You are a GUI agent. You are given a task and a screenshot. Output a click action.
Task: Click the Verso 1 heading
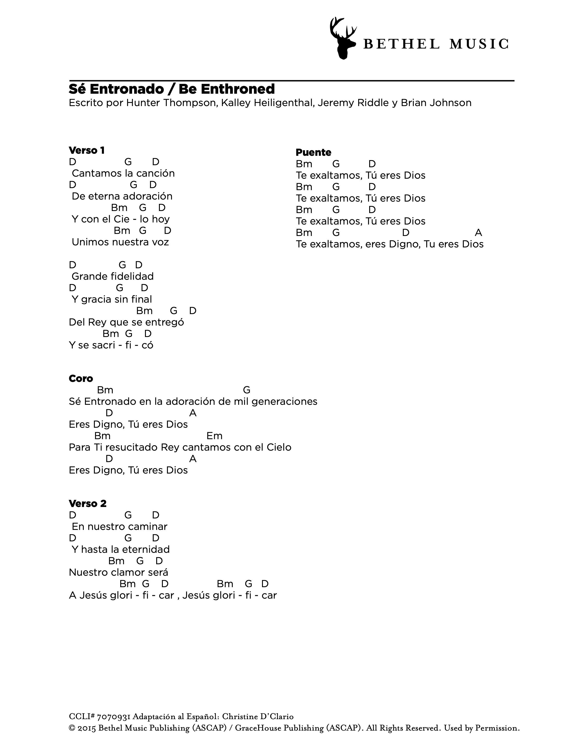pos(87,150)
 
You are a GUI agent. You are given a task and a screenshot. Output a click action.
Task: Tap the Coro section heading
pos(81,378)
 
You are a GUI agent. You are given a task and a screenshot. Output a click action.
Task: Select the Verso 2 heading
pos(87,503)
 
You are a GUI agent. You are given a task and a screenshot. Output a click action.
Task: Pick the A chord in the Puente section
pos(478,233)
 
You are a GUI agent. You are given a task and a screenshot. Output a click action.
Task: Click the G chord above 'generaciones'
pos(246,390)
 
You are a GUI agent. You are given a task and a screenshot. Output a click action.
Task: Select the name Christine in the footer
pos(238,717)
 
